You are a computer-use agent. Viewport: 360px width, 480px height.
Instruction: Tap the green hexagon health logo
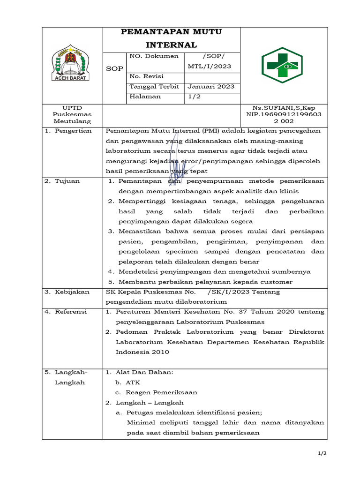point(282,65)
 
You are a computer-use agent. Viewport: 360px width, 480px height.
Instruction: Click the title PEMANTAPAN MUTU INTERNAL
point(171,38)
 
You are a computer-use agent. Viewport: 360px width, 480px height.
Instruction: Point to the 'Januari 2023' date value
point(211,86)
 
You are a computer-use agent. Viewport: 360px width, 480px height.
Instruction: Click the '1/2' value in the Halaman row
point(194,97)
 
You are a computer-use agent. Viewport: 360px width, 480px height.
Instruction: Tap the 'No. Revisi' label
point(146,76)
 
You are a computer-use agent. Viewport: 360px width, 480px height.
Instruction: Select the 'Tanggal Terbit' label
point(154,86)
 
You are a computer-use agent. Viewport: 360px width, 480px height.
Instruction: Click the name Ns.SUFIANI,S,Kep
point(284,108)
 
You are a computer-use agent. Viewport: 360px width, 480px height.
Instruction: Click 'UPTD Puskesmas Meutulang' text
point(72,114)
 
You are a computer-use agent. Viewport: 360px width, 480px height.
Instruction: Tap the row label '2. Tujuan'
point(62,181)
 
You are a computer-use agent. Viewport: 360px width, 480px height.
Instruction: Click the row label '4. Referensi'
point(67,312)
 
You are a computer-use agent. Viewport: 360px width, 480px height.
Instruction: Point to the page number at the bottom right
point(322,454)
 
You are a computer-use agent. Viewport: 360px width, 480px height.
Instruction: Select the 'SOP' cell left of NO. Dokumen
point(114,68)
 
